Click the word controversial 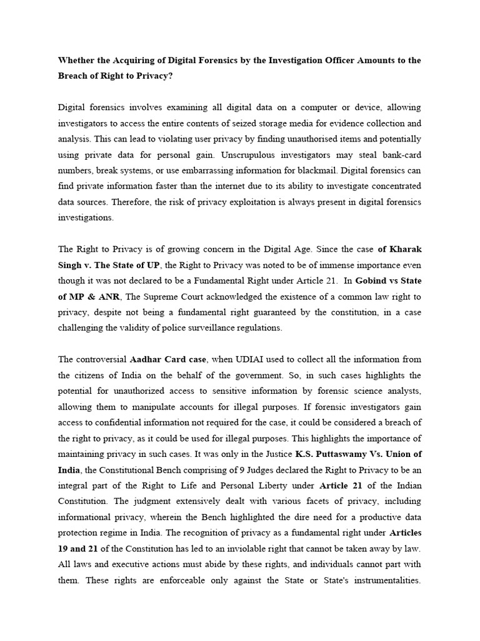click(x=102, y=359)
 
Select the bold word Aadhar click(x=146, y=359)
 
